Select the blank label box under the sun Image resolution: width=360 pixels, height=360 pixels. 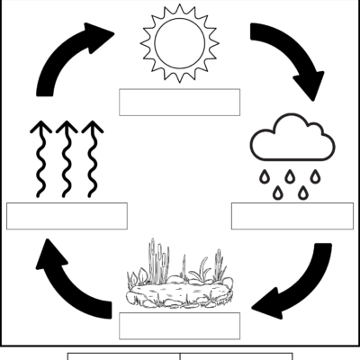coord(179,102)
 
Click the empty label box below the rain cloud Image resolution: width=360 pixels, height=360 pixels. coord(292,216)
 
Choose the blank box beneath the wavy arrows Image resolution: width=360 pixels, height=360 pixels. coord(67,216)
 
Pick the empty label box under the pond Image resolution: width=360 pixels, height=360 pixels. coord(179,325)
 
